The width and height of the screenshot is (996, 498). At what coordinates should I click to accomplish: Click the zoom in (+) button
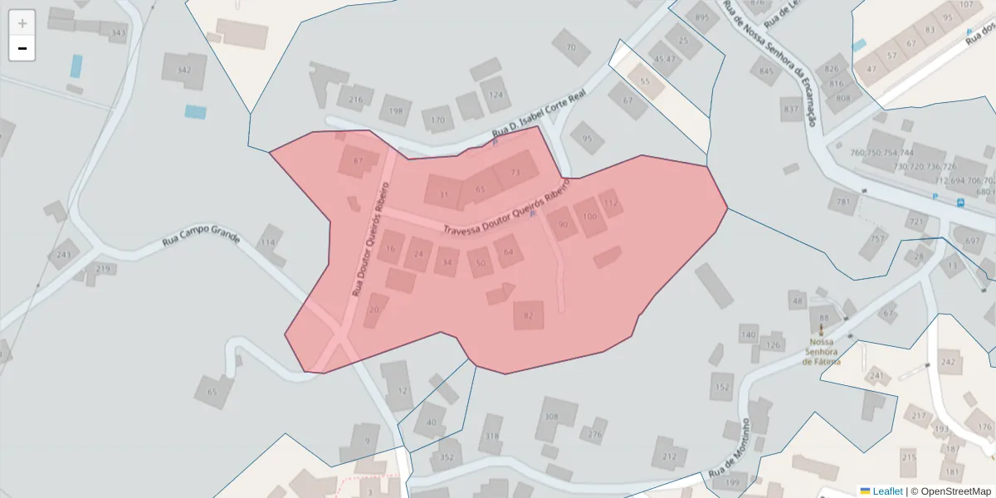[x=22, y=23]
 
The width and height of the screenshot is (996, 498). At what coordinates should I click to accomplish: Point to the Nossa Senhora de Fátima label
[x=821, y=351]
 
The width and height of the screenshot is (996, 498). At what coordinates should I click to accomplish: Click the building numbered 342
[x=184, y=70]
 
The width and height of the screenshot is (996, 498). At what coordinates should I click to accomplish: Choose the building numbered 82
[x=528, y=315]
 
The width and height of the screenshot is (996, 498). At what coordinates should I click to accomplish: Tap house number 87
[x=359, y=160]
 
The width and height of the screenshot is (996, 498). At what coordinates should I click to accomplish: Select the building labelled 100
[x=589, y=217]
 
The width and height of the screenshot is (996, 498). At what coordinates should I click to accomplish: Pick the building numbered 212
[x=669, y=456]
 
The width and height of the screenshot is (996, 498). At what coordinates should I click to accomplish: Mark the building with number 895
[x=702, y=17]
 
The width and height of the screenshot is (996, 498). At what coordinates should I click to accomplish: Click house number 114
[x=267, y=242]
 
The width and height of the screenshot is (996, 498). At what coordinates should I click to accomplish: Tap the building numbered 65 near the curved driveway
[x=212, y=391]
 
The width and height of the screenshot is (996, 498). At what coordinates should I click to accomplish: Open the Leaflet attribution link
[x=886, y=491]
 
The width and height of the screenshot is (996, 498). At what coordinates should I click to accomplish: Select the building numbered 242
[x=948, y=362]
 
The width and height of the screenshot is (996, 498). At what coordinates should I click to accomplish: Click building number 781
[x=844, y=202]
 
